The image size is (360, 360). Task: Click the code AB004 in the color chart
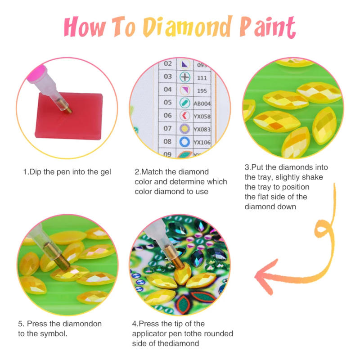pyautogui.click(x=202, y=103)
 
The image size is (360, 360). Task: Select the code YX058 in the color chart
pyautogui.click(x=202, y=116)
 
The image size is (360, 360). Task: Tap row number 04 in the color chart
pyautogui.click(x=168, y=90)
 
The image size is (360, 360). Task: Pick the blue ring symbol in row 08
pyautogui.click(x=184, y=142)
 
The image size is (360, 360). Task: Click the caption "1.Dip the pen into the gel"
pyautogui.click(x=67, y=171)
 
